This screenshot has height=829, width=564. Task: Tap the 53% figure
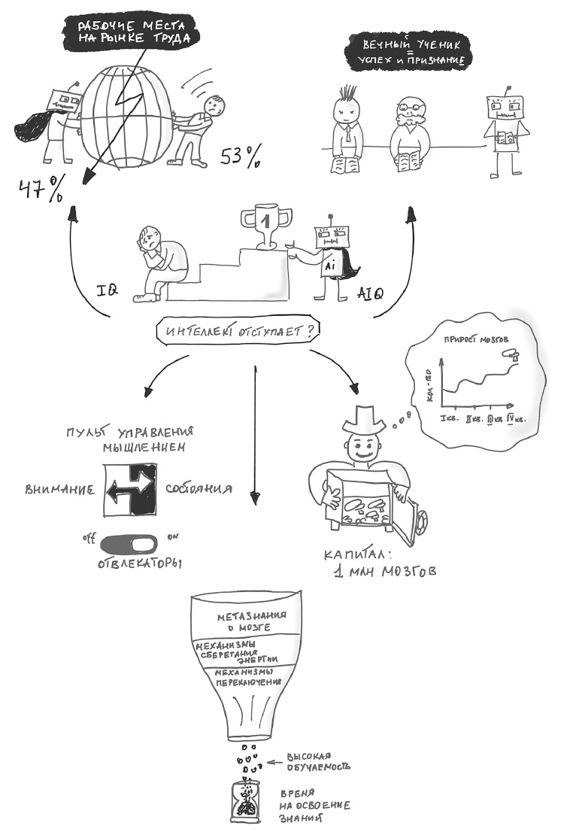pyautogui.click(x=241, y=156)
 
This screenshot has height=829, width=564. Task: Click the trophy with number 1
pyautogui.click(x=264, y=224)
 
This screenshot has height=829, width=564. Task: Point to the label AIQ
pyautogui.click(x=369, y=293)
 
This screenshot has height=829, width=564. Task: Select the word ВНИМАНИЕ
pyautogui.click(x=59, y=489)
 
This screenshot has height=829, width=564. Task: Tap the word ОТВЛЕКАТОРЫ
pyautogui.click(x=141, y=563)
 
